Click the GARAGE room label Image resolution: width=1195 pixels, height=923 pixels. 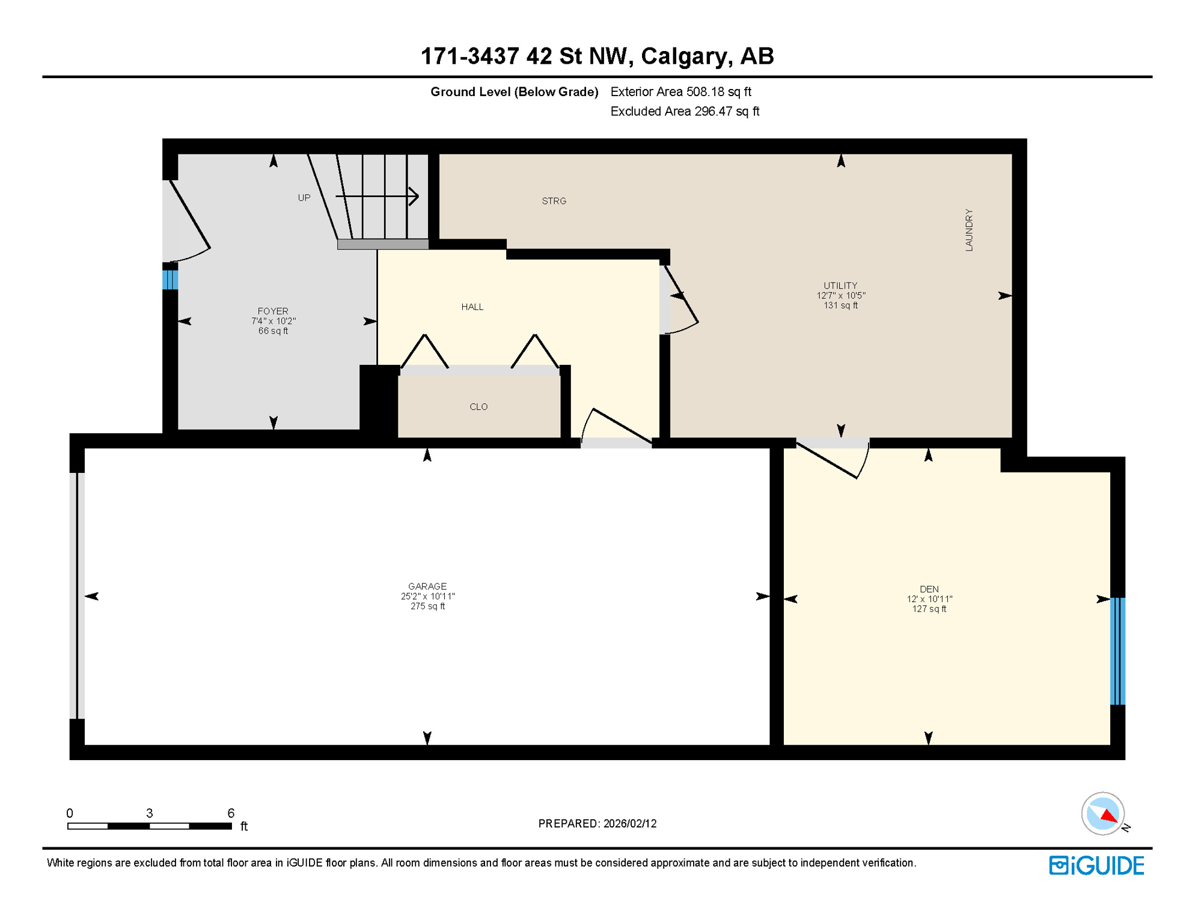[427, 586]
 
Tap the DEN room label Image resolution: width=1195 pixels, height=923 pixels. [929, 589]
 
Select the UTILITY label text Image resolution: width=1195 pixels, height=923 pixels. [840, 285]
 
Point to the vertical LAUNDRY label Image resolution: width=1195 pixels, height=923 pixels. [968, 230]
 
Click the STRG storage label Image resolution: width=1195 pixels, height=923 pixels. [554, 201]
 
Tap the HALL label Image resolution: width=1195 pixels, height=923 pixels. [472, 307]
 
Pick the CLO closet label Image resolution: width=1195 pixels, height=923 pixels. [478, 407]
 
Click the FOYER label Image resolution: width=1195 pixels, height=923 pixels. [273, 311]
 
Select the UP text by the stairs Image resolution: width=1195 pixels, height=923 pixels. [304, 198]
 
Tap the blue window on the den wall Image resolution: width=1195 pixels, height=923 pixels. [1117, 651]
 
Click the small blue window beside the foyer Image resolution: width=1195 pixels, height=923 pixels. [170, 280]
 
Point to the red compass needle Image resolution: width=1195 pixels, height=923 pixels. [1109, 816]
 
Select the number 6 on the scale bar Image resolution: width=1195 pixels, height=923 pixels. [231, 813]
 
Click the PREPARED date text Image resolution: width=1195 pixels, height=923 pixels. [597, 823]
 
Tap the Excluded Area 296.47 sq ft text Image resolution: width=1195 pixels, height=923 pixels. [685, 111]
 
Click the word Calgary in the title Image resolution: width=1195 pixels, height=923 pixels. [686, 56]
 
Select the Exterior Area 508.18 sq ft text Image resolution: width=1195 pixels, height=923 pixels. [680, 91]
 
